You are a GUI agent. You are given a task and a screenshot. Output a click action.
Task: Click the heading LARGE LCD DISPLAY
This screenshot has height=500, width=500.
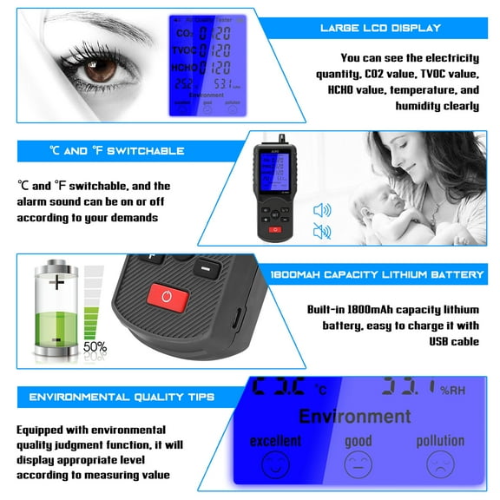point(380,29)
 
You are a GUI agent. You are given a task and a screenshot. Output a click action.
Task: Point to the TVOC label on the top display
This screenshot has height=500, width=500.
point(183,50)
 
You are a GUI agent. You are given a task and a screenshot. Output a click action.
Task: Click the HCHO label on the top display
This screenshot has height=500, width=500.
point(183,68)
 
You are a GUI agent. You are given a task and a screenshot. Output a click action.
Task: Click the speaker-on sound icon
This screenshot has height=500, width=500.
point(322,209)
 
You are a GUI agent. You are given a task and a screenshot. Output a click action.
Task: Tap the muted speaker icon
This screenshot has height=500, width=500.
point(322,231)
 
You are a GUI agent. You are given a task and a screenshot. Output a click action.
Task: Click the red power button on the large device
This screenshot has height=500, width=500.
point(169,298)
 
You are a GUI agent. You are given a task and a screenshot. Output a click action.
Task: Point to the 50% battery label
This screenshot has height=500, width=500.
point(95,347)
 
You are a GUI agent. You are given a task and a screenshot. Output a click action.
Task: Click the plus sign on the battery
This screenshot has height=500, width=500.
point(57,282)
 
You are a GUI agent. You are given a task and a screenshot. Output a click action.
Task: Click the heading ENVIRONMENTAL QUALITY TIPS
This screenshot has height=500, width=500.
point(122,398)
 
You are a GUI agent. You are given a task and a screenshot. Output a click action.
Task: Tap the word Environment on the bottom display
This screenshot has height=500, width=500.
point(354,416)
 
